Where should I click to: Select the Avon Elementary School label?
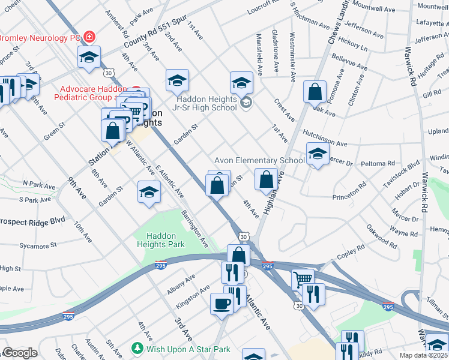pyautogui.click(x=259, y=160)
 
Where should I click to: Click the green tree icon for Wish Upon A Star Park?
pyautogui.click(x=137, y=349)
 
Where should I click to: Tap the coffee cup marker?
pyautogui.click(x=221, y=304)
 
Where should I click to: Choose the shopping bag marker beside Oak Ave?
pyautogui.click(x=315, y=92)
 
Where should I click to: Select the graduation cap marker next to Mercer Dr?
pyautogui.click(x=318, y=154)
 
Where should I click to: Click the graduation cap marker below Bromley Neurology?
pyautogui.click(x=89, y=58)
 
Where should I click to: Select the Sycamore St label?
pyautogui.click(x=37, y=245)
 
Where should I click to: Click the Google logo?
pyautogui.click(x=20, y=353)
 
